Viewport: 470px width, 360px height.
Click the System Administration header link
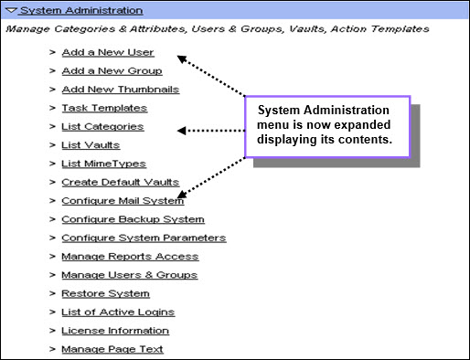tap(81, 11)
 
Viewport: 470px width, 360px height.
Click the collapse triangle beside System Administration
tap(12, 11)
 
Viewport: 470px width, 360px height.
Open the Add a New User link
tap(108, 52)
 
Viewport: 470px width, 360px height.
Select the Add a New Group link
tap(112, 71)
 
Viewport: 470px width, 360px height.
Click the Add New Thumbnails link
tap(121, 90)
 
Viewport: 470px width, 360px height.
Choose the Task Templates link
tap(104, 108)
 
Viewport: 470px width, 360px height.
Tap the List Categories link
tap(102, 127)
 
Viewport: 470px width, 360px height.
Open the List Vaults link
tap(91, 145)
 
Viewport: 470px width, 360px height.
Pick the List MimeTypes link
tap(103, 164)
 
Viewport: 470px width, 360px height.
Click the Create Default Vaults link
tap(121, 183)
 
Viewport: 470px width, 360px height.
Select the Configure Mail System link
tap(123, 201)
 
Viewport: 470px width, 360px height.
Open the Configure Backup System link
tap(133, 219)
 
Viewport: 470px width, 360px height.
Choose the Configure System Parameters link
tap(144, 238)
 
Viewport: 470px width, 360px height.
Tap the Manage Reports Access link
tap(130, 257)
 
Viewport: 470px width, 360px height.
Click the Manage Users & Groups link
tap(130, 275)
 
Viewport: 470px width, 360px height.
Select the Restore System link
tap(105, 294)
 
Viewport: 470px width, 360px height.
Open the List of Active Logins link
tap(118, 312)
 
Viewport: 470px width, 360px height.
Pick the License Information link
tap(115, 331)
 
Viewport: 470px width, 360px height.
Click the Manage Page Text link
tap(112, 350)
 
